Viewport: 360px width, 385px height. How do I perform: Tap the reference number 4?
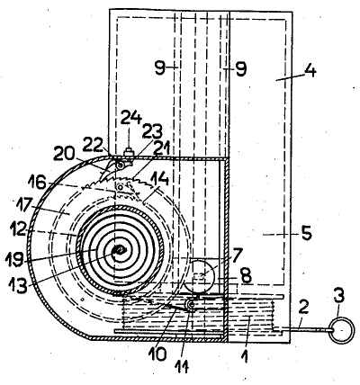[310, 71]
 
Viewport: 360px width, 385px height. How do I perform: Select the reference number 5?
[306, 233]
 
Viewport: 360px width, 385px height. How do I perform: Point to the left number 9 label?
[160, 68]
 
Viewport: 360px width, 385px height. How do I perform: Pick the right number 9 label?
[241, 68]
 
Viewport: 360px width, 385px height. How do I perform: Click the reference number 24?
[130, 119]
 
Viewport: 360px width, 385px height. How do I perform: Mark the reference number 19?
[14, 260]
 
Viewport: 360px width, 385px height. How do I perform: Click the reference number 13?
[18, 285]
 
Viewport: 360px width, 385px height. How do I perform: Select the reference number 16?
[36, 182]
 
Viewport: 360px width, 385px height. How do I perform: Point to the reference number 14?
[159, 180]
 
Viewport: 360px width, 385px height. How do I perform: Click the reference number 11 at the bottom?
[183, 366]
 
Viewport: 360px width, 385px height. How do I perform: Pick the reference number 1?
[246, 357]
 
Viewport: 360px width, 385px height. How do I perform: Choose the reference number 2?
[303, 307]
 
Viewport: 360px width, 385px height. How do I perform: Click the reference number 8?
[246, 276]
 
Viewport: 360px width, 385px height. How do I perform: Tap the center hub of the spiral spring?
[120, 249]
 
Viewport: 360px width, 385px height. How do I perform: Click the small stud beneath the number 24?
[130, 151]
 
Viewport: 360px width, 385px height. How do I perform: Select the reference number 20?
[64, 156]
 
